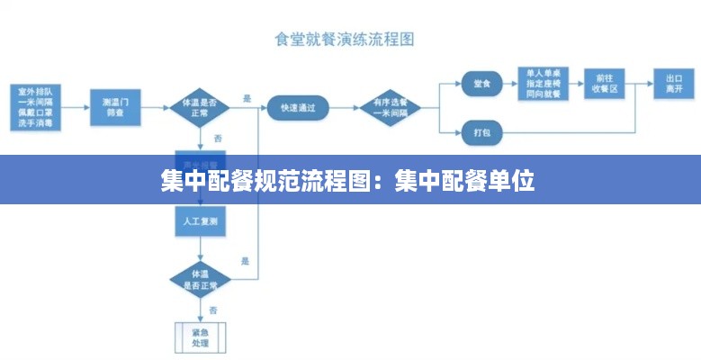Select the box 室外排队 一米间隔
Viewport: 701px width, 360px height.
35,106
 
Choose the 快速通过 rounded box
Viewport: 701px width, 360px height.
298,107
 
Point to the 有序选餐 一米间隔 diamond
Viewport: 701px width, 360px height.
390,107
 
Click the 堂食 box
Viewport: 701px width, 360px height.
481,84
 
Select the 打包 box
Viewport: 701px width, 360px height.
481,132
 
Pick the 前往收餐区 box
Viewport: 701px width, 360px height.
603,84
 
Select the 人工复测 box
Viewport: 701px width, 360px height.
200,220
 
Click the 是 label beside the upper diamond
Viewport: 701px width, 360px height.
247,97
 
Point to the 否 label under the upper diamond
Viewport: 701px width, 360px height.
217,138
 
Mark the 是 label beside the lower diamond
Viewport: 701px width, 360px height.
245,261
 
